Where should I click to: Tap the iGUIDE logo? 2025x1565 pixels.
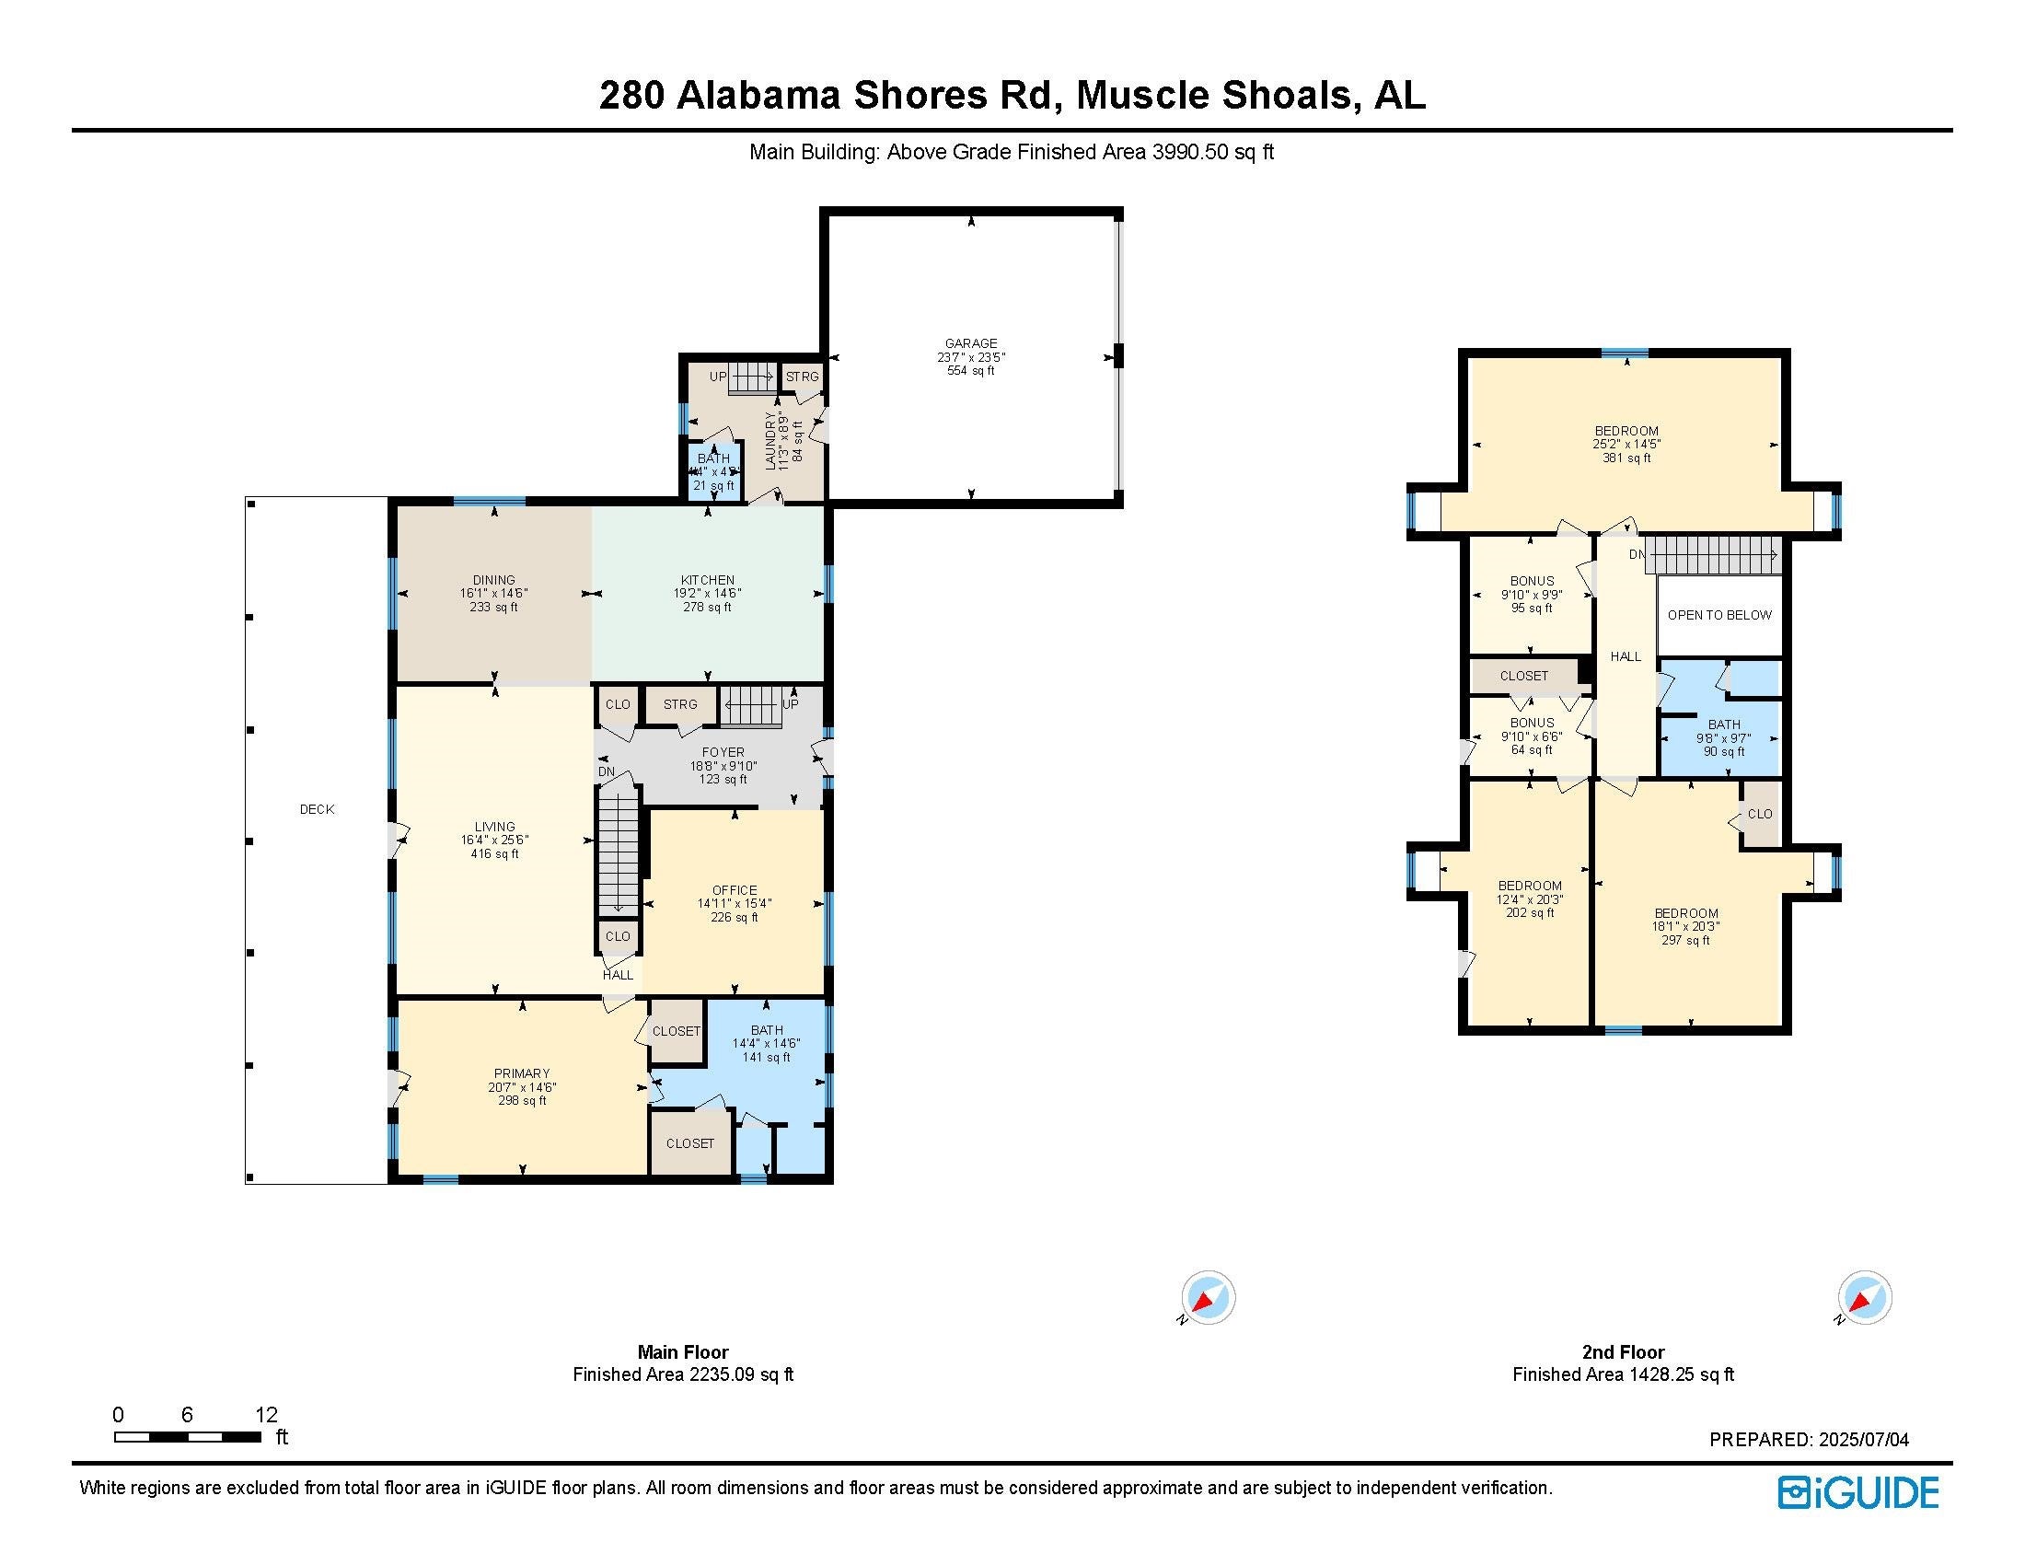(1857, 1492)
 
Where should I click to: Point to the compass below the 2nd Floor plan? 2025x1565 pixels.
(1864, 1297)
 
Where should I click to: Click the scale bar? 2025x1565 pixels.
(187, 1437)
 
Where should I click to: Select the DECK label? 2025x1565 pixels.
(316, 809)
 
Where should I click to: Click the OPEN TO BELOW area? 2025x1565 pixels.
(1719, 615)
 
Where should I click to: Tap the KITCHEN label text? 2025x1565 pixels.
(708, 580)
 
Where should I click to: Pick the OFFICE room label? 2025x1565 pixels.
(735, 890)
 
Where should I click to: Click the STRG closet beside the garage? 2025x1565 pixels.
(802, 377)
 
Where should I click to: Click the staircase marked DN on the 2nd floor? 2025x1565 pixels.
(1714, 555)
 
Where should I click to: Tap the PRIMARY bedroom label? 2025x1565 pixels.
(522, 1073)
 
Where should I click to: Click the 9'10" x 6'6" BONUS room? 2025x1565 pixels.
(1532, 736)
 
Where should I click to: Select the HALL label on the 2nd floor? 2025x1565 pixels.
(1626, 656)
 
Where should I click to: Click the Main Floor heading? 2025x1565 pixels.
(682, 1351)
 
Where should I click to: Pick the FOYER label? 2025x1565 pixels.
(723, 753)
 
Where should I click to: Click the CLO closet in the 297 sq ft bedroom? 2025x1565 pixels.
(1760, 814)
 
